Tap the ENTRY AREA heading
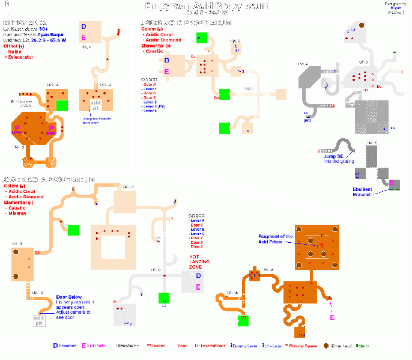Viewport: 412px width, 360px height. (25, 23)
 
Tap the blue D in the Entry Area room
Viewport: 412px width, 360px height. (83, 26)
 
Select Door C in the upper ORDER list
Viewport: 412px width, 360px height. (150, 98)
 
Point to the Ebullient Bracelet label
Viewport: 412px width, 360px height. (363, 192)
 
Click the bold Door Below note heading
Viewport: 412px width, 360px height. (68, 297)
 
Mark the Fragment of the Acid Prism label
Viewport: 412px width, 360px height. (276, 239)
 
